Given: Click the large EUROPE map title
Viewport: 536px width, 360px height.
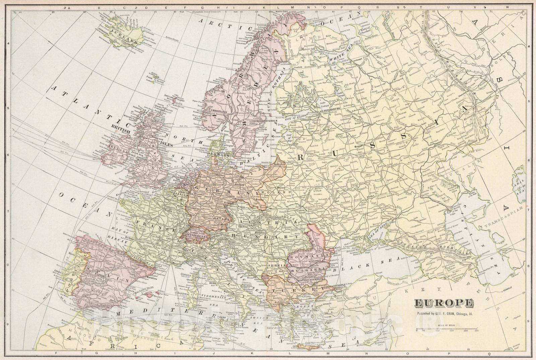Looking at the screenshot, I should coord(444,303).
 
